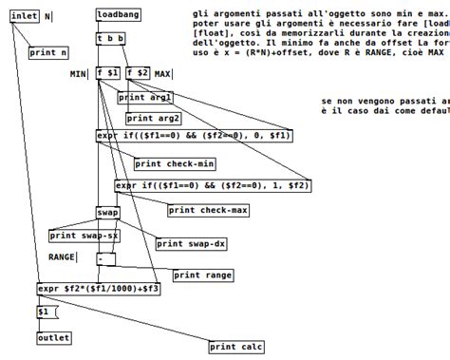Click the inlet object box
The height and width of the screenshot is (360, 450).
click(x=24, y=16)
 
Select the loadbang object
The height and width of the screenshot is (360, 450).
click(x=120, y=16)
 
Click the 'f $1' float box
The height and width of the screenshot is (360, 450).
click(x=107, y=73)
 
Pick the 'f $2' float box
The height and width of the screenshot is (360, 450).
click(x=137, y=73)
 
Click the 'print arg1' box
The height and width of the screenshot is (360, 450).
click(x=145, y=97)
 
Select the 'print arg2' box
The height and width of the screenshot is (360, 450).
click(x=153, y=118)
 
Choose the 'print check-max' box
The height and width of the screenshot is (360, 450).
click(x=201, y=210)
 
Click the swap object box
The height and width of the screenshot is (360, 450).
click(x=107, y=213)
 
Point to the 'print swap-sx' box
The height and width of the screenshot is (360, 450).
click(x=84, y=236)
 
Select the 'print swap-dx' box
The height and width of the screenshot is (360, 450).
click(x=192, y=244)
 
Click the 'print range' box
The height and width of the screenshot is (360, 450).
click(x=203, y=275)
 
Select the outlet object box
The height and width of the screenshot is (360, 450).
click(x=53, y=338)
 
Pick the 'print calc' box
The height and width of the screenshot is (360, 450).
click(x=236, y=348)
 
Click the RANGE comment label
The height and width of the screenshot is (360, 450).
click(x=63, y=256)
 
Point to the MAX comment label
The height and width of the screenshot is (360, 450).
click(x=163, y=74)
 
